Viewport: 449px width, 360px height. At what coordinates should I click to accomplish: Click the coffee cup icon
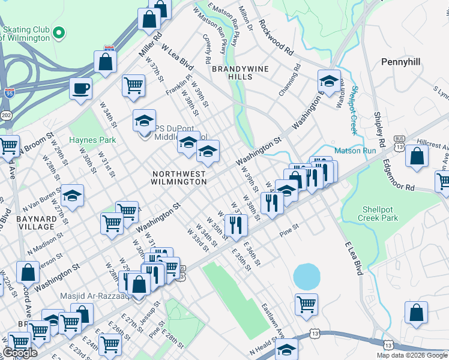(x=80, y=89)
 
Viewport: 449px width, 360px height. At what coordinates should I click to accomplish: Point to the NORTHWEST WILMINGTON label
(x=179, y=177)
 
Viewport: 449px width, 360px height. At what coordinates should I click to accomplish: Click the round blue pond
(x=306, y=277)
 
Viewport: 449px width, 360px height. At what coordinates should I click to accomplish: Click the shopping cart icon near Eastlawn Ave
(x=306, y=304)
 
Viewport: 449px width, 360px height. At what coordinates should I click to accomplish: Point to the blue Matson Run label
(x=355, y=151)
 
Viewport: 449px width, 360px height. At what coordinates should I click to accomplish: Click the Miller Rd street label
(x=151, y=44)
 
